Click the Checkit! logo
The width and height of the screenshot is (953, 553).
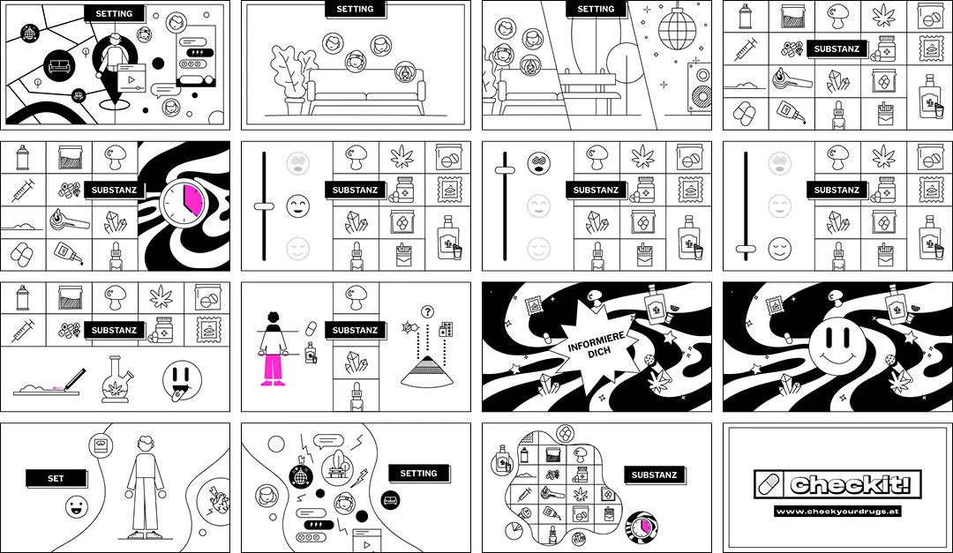click(x=837, y=483)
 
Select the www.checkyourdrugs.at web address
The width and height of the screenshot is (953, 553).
click(x=837, y=511)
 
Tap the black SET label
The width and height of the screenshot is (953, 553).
click(x=56, y=478)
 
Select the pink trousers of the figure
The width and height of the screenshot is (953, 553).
click(x=274, y=368)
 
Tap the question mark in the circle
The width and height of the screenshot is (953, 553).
click(x=428, y=311)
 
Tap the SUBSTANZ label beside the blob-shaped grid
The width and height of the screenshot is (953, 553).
click(x=654, y=475)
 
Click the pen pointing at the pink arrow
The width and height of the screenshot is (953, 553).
click(x=71, y=378)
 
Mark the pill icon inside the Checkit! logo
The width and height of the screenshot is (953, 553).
click(x=770, y=484)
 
